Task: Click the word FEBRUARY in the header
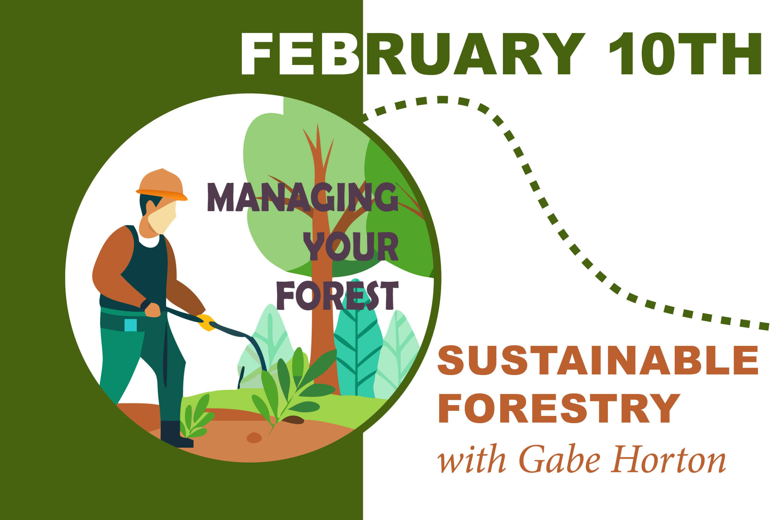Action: click(413, 54)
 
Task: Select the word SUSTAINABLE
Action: click(598, 361)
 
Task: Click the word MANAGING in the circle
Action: click(303, 197)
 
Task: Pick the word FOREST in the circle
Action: click(337, 295)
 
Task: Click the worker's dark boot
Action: click(176, 434)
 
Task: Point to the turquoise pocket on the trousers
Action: click(131, 325)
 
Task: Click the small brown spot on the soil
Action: click(254, 437)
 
